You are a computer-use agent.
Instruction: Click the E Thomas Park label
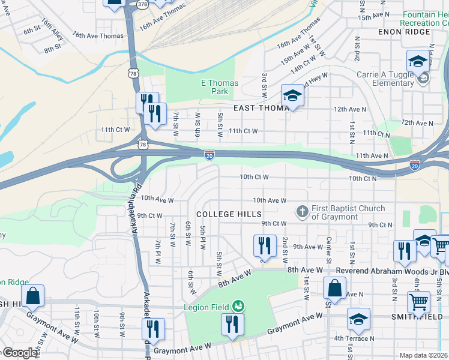(x=219, y=87)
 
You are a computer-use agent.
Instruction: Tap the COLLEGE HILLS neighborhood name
(x=229, y=214)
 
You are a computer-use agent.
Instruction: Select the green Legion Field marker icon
(x=238, y=307)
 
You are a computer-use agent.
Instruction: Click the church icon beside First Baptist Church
(x=303, y=212)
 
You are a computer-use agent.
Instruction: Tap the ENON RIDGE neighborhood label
(x=404, y=31)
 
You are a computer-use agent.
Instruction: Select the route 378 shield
(x=143, y=4)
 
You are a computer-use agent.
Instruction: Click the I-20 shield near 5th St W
(x=209, y=154)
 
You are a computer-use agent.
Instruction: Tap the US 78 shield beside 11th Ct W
(x=142, y=145)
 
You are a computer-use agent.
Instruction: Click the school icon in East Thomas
(x=292, y=95)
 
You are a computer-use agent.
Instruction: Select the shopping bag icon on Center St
(x=334, y=288)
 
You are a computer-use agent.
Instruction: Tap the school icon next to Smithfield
(x=358, y=319)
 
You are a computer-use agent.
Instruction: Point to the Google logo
(x=19, y=353)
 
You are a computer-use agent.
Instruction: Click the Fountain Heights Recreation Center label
(x=426, y=18)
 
